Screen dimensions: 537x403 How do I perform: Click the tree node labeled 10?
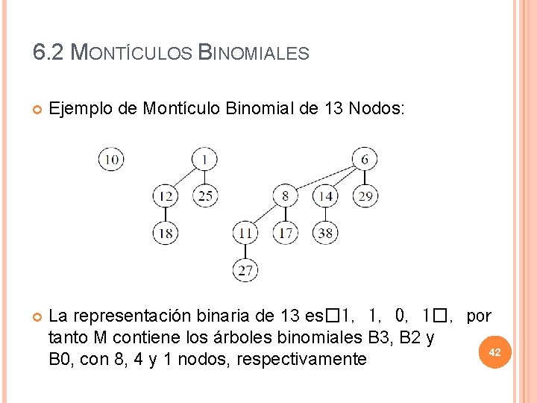(x=111, y=159)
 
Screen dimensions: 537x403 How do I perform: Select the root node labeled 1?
(x=204, y=159)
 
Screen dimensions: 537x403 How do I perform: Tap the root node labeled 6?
(x=364, y=159)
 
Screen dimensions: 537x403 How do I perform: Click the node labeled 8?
(x=286, y=196)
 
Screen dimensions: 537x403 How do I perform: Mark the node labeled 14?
(x=325, y=196)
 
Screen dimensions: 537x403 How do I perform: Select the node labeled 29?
(x=365, y=196)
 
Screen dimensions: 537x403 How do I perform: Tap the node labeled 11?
(x=245, y=233)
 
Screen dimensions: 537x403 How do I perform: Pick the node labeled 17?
(x=286, y=233)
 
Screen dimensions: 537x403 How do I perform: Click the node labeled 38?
(x=325, y=233)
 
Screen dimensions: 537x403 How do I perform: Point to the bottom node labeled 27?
(x=245, y=269)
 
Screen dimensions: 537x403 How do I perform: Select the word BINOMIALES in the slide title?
(x=253, y=53)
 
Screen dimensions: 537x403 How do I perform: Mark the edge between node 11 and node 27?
(x=245, y=252)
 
